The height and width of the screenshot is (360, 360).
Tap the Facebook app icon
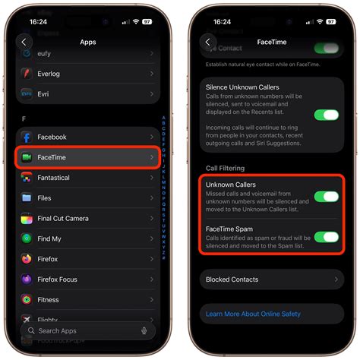click(x=27, y=137)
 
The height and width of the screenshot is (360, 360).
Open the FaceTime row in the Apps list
click(x=87, y=157)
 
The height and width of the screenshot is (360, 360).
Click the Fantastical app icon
click(x=27, y=178)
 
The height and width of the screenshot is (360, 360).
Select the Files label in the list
click(x=44, y=198)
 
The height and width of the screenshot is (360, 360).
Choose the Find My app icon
click(x=27, y=239)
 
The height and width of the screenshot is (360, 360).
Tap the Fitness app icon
click(x=27, y=299)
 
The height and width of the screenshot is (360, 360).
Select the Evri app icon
click(x=27, y=93)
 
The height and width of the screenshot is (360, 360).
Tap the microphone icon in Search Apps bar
click(x=144, y=330)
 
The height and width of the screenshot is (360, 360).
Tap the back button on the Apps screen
click(x=25, y=43)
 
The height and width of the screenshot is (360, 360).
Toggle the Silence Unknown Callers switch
click(x=326, y=115)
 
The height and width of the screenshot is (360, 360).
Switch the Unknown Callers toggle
click(x=326, y=197)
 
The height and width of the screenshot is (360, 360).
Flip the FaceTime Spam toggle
click(x=326, y=237)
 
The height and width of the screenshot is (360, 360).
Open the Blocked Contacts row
click(x=270, y=279)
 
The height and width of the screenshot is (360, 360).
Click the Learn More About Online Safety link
click(x=254, y=314)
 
